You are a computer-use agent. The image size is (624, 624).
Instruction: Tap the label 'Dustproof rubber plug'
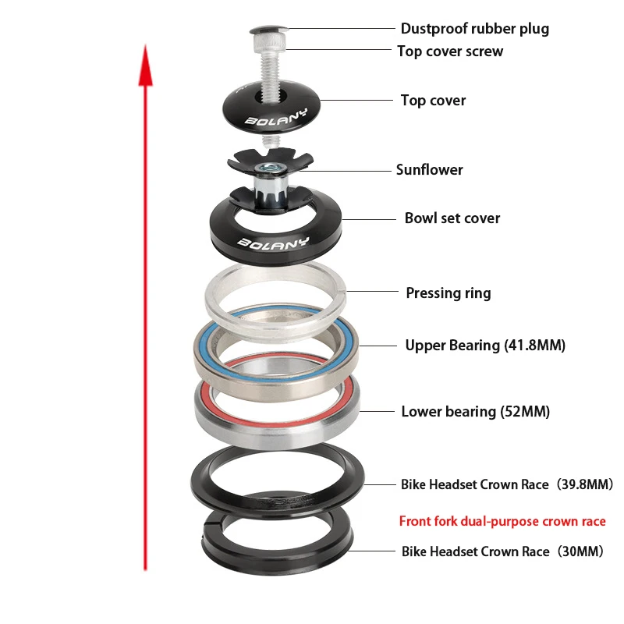(x=474, y=29)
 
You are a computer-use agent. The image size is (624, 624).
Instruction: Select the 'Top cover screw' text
(x=450, y=51)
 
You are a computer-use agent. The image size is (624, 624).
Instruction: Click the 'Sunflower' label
(x=429, y=169)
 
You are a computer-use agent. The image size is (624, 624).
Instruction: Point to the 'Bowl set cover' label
(x=452, y=218)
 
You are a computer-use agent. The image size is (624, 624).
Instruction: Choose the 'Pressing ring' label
(x=448, y=293)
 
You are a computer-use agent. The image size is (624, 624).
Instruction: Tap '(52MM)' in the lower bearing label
(x=524, y=411)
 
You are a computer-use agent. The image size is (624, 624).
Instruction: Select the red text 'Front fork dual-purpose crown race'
(x=502, y=521)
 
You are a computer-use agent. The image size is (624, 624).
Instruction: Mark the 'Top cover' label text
(x=433, y=100)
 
